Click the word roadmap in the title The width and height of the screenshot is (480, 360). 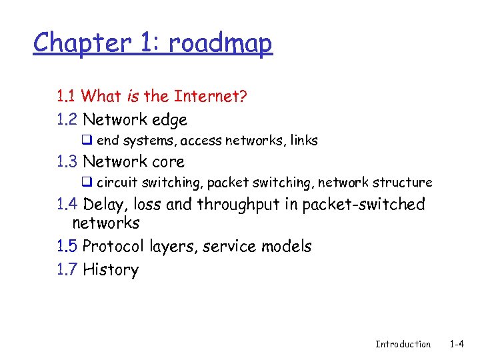coord(220,44)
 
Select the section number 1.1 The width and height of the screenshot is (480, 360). coord(67,96)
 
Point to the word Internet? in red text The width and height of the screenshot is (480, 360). coord(211,96)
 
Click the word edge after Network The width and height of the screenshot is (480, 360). coord(169,120)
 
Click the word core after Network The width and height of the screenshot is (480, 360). coord(168,161)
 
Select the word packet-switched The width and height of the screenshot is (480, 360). coord(363,204)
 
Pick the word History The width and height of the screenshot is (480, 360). coord(111,270)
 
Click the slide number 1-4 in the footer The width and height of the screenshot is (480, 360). coord(457,344)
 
